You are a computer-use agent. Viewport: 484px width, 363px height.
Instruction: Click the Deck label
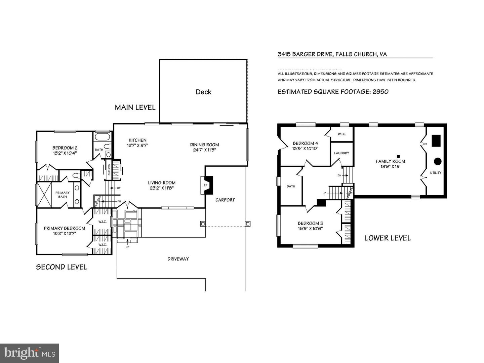point(203,92)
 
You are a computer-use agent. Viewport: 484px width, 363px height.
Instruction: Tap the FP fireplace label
point(205,185)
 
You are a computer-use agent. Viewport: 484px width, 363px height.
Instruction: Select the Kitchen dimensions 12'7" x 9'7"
point(137,146)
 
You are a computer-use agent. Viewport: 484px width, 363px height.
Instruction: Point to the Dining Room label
point(204,145)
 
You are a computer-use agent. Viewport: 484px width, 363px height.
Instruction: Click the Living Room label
point(162,183)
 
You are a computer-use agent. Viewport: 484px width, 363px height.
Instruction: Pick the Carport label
point(225,200)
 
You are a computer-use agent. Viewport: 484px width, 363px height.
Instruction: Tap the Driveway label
point(178,259)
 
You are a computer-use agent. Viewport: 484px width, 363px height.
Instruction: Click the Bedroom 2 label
point(65,148)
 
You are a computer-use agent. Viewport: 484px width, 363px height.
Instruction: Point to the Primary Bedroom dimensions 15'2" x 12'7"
point(65,233)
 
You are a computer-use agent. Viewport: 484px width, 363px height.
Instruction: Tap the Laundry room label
point(341,153)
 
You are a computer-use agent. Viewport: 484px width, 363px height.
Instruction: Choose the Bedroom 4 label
point(305,143)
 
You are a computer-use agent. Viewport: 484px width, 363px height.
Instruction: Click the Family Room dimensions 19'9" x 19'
point(390,166)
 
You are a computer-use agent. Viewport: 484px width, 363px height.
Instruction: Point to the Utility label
point(436,173)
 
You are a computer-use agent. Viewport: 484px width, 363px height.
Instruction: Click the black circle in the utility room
point(437,161)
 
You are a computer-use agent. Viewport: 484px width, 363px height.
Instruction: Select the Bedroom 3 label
point(310,223)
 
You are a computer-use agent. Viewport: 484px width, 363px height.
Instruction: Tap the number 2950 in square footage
point(380,92)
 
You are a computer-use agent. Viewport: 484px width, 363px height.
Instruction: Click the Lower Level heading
point(388,238)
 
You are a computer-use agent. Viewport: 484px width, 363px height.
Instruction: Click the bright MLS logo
point(30,353)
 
